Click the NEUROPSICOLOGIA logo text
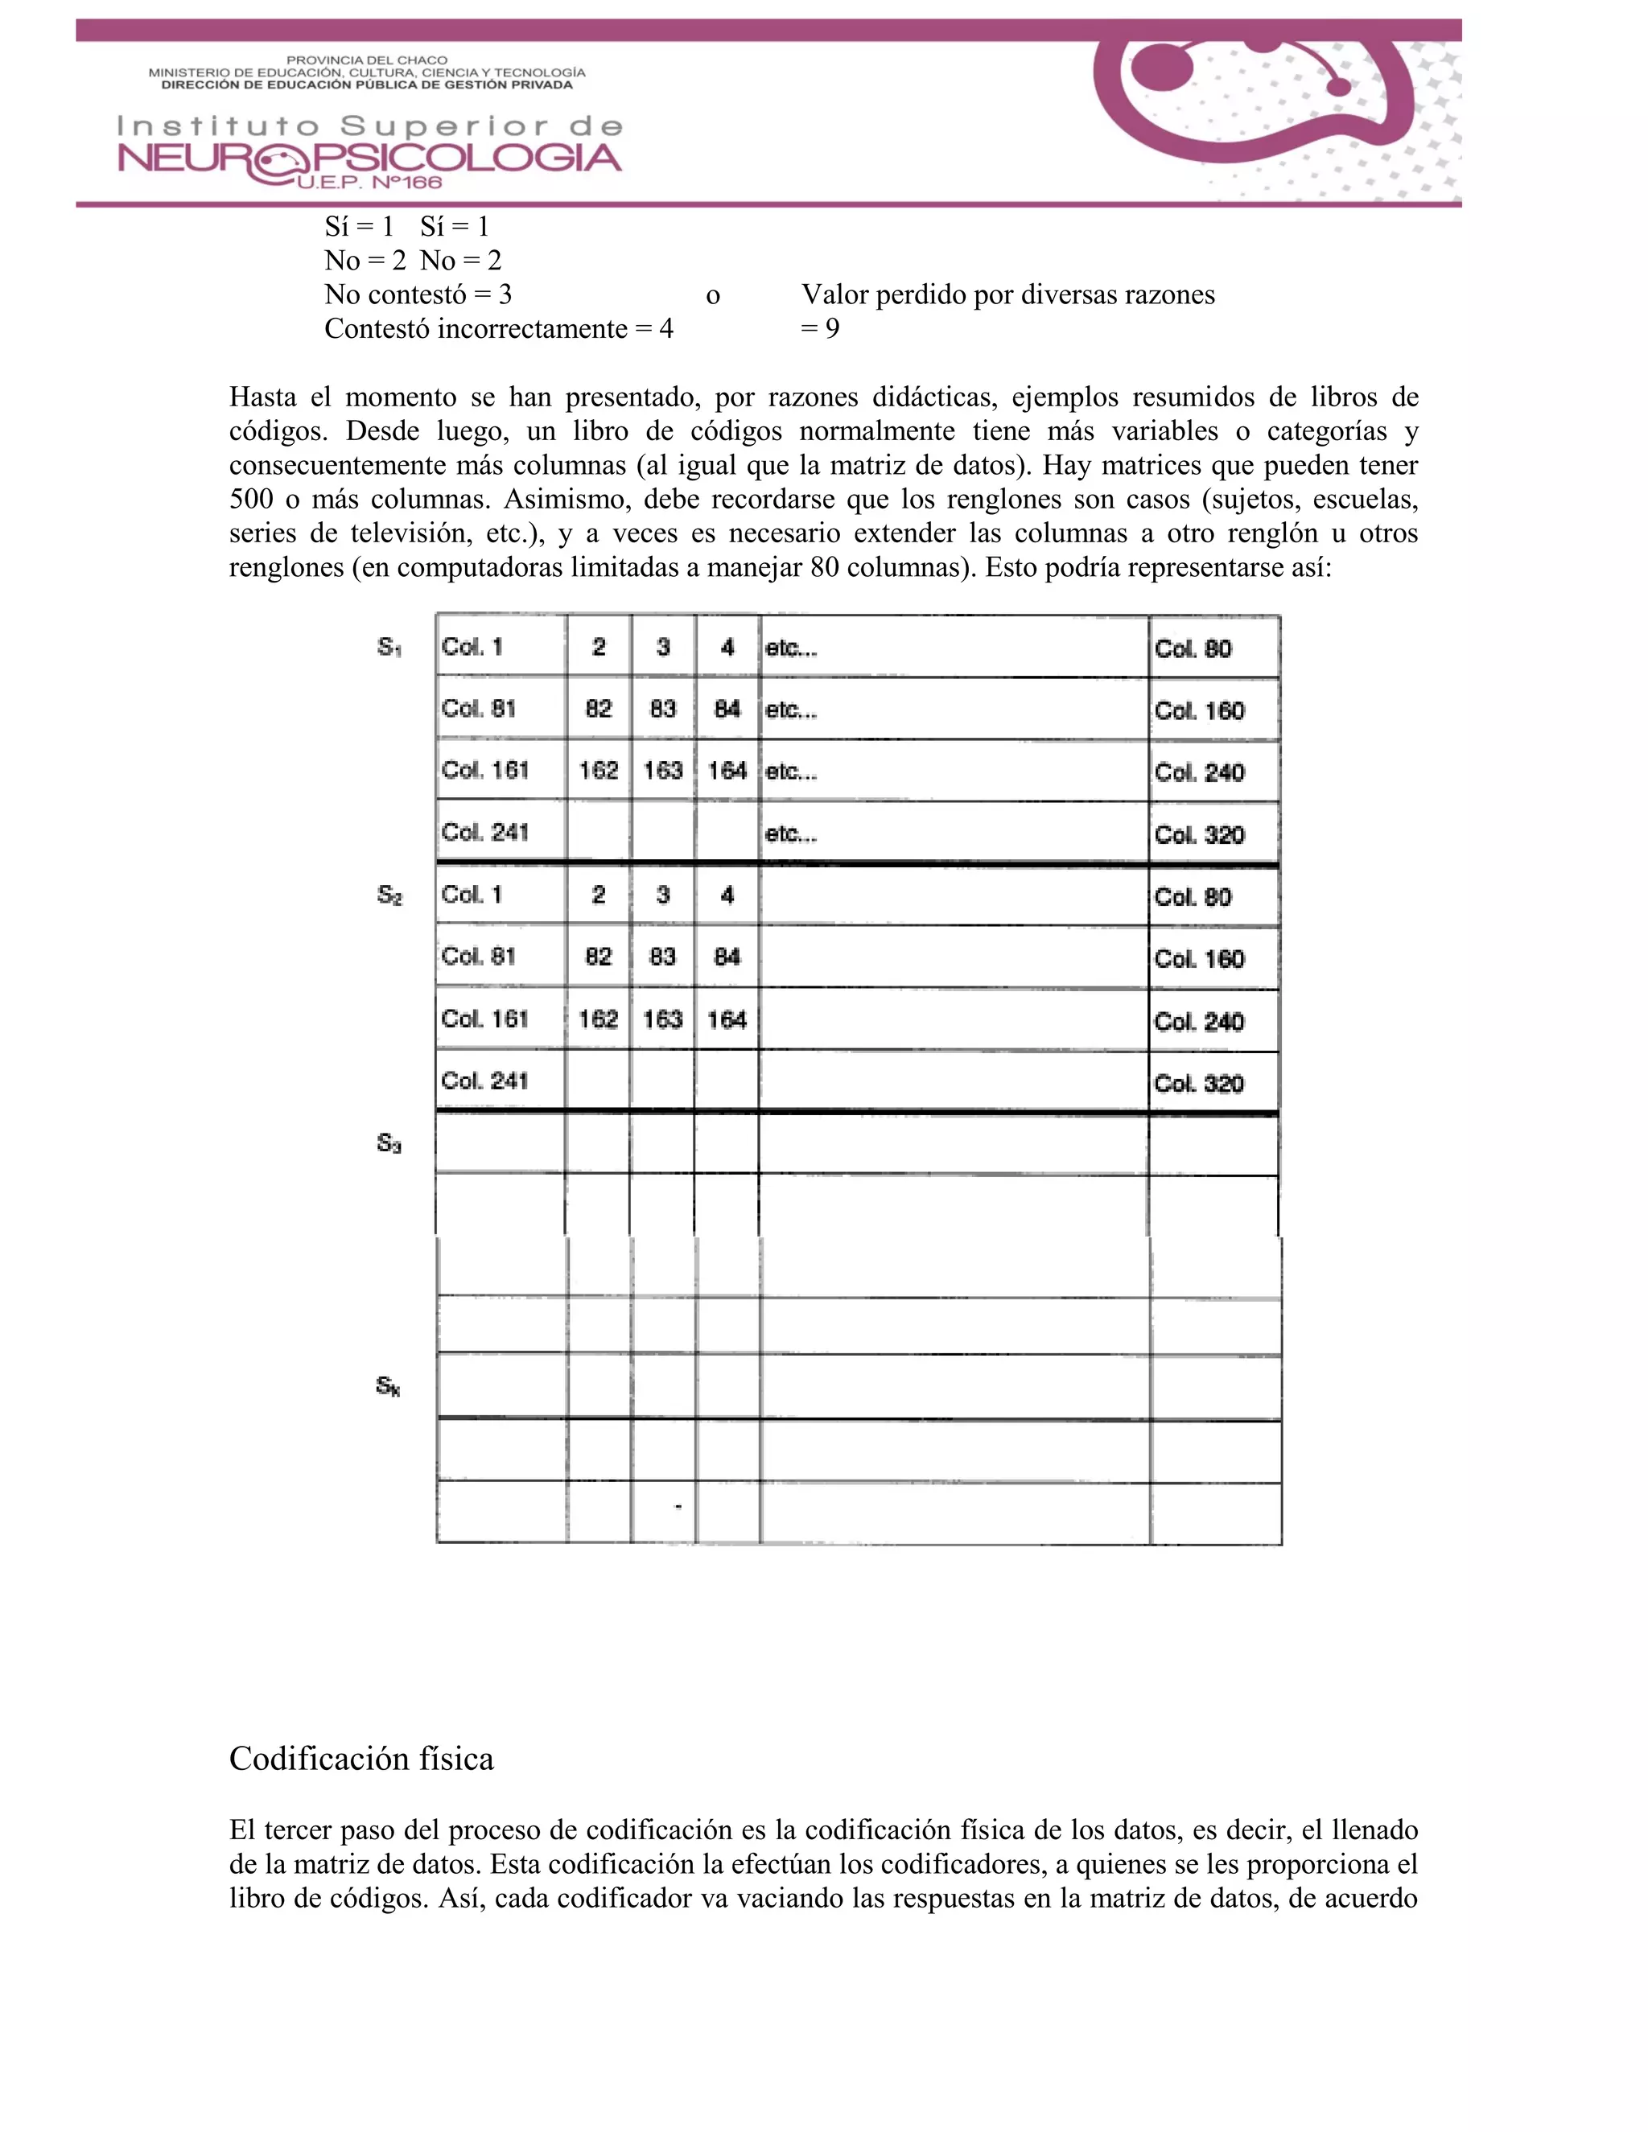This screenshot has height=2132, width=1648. pyautogui.click(x=369, y=158)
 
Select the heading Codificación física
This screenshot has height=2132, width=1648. pyautogui.click(x=361, y=1758)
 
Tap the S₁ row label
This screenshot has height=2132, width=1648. pyautogui.click(x=389, y=647)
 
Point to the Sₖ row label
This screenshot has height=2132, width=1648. pyautogui.click(x=388, y=1386)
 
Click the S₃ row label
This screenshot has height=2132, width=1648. pyautogui.click(x=389, y=1142)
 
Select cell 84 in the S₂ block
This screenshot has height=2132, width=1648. pyautogui.click(x=727, y=957)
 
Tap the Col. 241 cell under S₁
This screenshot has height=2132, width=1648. pyautogui.click(x=484, y=833)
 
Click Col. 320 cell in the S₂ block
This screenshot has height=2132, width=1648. pyautogui.click(x=1199, y=1084)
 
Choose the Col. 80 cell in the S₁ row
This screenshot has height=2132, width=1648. pyautogui.click(x=1193, y=649)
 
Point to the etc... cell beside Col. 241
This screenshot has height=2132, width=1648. pyautogui.click(x=791, y=833)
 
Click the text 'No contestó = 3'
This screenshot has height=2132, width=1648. pyautogui.click(x=418, y=294)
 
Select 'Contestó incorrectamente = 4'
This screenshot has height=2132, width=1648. pyautogui.click(x=499, y=328)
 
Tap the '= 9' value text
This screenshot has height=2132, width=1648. pyautogui.click(x=820, y=328)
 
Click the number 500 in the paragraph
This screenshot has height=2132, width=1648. pyautogui.click(x=252, y=499)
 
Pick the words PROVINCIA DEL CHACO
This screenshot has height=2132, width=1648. pyautogui.click(x=366, y=60)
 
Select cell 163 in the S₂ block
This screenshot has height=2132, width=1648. pyautogui.click(x=662, y=1019)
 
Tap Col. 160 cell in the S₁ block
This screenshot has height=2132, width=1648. pyautogui.click(x=1199, y=710)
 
